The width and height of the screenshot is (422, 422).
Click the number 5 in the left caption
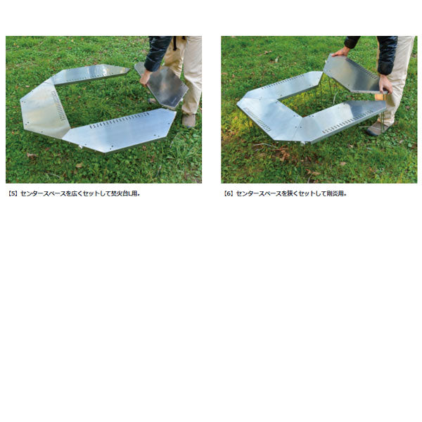(x=13, y=193)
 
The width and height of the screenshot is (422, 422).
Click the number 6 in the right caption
(x=228, y=193)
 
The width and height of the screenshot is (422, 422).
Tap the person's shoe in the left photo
(x=189, y=120)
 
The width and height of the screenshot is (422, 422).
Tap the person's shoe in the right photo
(x=377, y=129)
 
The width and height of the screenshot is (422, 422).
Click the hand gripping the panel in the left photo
(x=146, y=77)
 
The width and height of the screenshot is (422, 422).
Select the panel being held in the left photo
(x=162, y=86)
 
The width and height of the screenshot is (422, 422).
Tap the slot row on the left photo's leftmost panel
(x=58, y=105)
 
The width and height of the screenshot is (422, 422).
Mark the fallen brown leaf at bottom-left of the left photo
(x=32, y=155)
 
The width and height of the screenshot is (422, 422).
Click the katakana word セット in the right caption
(x=305, y=193)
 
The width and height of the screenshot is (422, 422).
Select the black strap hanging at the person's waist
(x=175, y=43)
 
